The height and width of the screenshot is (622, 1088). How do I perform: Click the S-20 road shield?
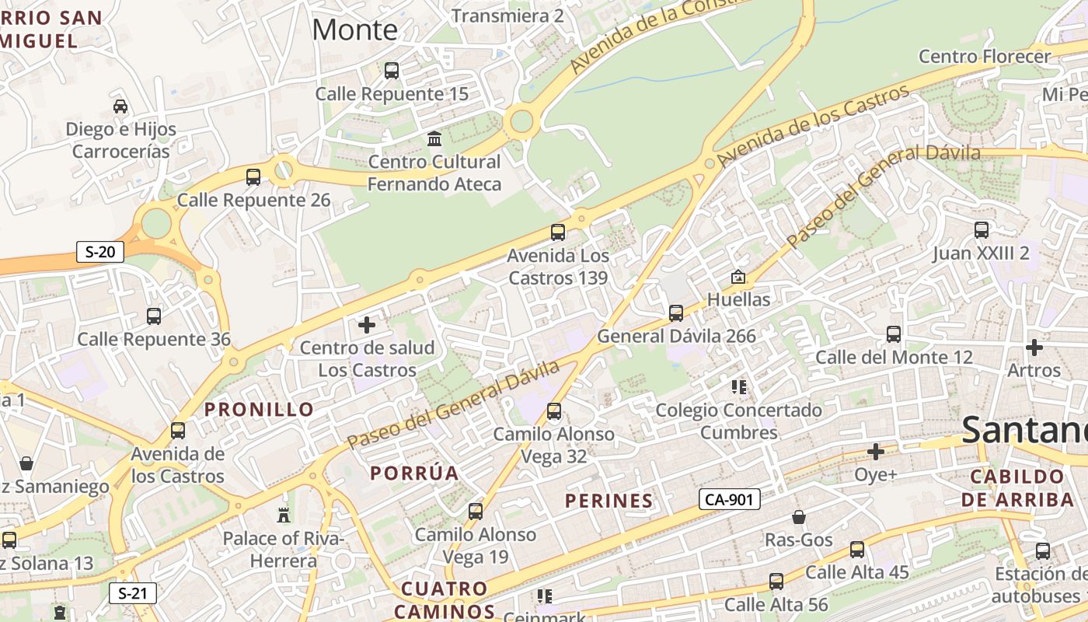tap(100, 251)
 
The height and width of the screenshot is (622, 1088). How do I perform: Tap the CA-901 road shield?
tap(728, 499)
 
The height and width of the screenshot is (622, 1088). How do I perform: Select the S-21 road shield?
tap(132, 593)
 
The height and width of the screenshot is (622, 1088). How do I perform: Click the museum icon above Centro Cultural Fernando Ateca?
tap(434, 139)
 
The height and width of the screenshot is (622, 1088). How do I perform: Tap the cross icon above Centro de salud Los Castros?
tap(367, 325)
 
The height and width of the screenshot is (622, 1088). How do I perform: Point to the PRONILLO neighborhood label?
tap(260, 409)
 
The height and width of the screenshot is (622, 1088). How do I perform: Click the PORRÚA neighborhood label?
tap(414, 473)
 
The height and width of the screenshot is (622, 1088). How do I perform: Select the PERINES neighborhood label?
tap(609, 501)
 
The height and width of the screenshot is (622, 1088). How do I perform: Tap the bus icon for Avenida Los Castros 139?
tap(557, 232)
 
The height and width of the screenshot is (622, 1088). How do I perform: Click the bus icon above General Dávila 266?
tap(676, 313)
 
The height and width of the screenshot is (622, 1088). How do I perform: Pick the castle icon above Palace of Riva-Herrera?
tap(283, 515)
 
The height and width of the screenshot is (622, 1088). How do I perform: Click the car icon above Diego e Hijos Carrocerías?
tap(120, 106)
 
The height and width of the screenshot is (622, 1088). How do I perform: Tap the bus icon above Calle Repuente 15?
tap(392, 71)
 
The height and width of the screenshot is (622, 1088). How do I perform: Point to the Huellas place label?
tap(738, 299)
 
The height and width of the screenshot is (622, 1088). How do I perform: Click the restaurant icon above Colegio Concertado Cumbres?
tap(738, 386)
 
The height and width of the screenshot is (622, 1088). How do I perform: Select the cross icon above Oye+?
tap(876, 452)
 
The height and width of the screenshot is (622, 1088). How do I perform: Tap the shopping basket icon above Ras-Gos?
tap(798, 517)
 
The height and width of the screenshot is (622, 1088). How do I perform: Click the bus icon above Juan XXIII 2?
tap(982, 230)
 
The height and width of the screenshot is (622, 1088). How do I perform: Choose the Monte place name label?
tap(354, 30)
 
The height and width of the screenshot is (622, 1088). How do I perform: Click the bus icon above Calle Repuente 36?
tap(154, 316)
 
